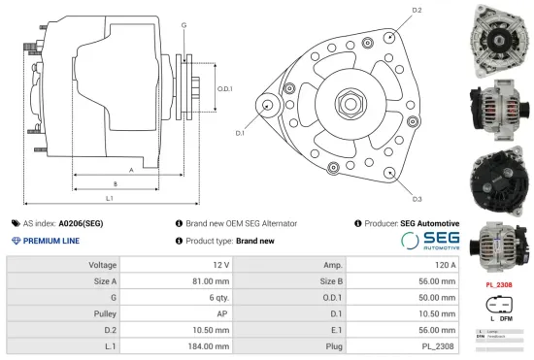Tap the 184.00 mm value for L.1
click(x=209, y=345)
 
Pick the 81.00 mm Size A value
click(x=210, y=280)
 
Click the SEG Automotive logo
click(x=430, y=240)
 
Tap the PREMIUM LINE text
click(x=50, y=241)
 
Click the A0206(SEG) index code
click(x=81, y=223)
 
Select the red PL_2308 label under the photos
click(x=498, y=285)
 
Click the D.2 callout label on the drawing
click(x=417, y=10)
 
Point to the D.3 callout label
click(x=417, y=199)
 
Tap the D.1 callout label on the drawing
click(x=239, y=132)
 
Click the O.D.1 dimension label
click(x=223, y=88)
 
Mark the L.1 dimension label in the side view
click(x=109, y=198)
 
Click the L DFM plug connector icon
click(x=498, y=309)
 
